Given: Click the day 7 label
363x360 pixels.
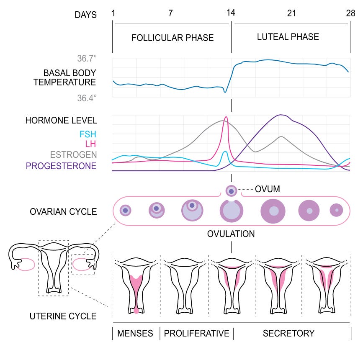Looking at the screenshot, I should (x=170, y=13).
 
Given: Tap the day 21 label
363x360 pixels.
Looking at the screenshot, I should (x=291, y=13).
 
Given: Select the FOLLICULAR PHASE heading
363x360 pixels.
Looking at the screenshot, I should (x=172, y=38).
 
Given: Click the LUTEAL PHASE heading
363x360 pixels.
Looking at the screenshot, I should (x=288, y=36).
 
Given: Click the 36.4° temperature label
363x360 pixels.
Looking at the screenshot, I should (x=87, y=98).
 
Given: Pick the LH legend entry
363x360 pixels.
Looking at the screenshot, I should (x=91, y=144).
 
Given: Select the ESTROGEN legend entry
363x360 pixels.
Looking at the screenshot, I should (x=73, y=155).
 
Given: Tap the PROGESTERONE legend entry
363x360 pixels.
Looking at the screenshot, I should (x=61, y=166).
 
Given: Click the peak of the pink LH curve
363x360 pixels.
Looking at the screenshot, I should (x=226, y=118).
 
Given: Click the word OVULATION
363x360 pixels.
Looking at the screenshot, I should (x=231, y=234).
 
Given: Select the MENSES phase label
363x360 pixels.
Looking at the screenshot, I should (x=135, y=334).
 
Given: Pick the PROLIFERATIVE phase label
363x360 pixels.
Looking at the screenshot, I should (x=196, y=334).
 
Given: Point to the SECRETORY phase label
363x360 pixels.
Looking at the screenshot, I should (x=288, y=334).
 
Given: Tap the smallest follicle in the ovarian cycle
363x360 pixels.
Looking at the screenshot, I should (x=125, y=210).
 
